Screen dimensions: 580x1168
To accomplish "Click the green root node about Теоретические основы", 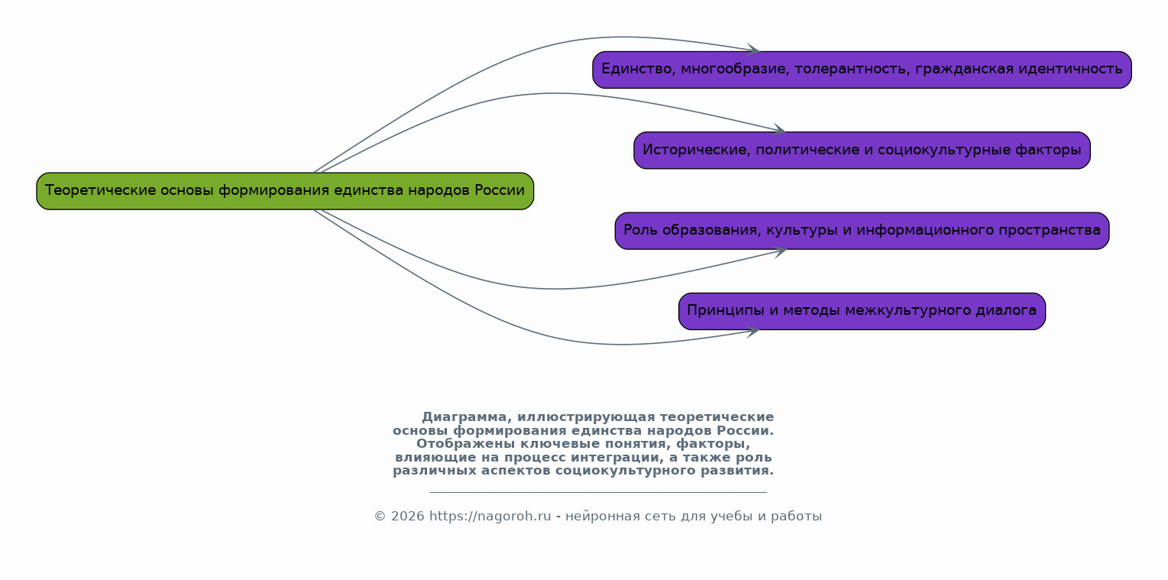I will point(284,191).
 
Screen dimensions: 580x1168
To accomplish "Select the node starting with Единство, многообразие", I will point(861,70).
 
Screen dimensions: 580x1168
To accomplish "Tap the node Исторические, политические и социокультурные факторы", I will point(861,151).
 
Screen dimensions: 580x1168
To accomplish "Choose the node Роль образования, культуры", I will point(861,231).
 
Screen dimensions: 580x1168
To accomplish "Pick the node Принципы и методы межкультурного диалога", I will point(861,311).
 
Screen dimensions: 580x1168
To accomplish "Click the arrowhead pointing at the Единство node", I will point(755,50).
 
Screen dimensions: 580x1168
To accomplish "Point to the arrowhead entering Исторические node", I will point(781,130).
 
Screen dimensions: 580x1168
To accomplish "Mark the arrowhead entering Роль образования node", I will point(781,251).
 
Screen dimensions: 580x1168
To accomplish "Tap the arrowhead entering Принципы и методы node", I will point(755,330).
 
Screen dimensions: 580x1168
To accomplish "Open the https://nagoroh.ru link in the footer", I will point(490,517).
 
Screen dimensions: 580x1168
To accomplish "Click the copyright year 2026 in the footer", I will point(407,517).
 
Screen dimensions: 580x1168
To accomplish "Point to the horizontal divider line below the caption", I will point(597,493).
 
